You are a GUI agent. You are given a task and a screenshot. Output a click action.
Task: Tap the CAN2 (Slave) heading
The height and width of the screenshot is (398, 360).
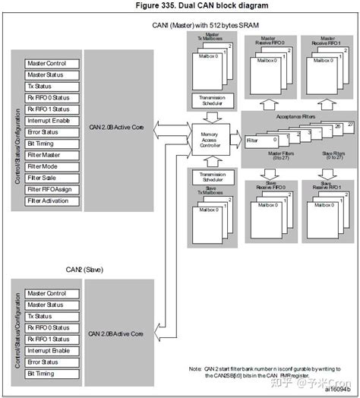[80, 270]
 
